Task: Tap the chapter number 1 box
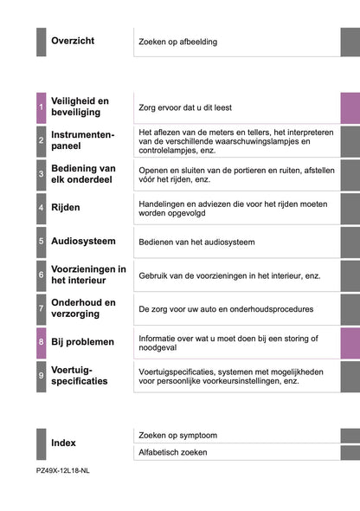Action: pyautogui.click(x=42, y=107)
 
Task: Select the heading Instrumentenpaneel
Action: pyautogui.click(x=82, y=140)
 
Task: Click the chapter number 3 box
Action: pyautogui.click(x=42, y=174)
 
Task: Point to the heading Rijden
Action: pyautogui.click(x=66, y=208)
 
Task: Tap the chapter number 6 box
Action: pyautogui.click(x=42, y=275)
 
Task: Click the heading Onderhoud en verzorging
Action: pyautogui.click(x=83, y=308)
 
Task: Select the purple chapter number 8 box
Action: pyautogui.click(x=42, y=342)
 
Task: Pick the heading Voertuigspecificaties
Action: pyautogui.click(x=80, y=375)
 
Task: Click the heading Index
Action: pyautogui.click(x=63, y=443)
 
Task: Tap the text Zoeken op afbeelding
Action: pyautogui.click(x=178, y=42)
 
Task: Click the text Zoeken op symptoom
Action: pyautogui.click(x=177, y=435)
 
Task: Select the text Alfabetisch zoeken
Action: pyautogui.click(x=173, y=452)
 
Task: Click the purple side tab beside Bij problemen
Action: pyautogui.click(x=350, y=342)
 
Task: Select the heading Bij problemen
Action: pyautogui.click(x=82, y=342)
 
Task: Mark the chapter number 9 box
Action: pyautogui.click(x=42, y=376)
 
